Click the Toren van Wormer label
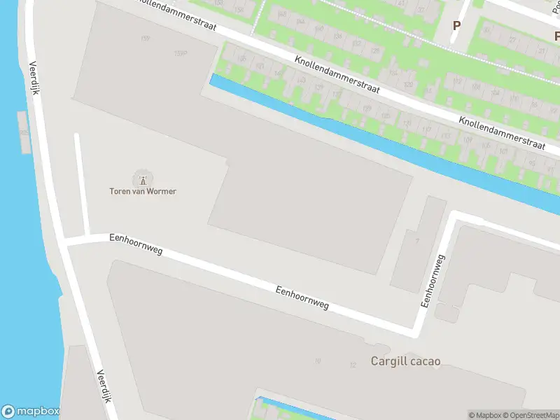[x=142, y=192]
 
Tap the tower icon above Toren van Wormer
[x=143, y=180]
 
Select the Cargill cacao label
[x=405, y=362]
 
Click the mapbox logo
[x=31, y=412]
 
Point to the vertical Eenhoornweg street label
[x=432, y=281]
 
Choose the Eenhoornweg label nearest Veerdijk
[x=135, y=244]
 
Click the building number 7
[x=416, y=241]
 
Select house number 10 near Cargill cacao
[x=318, y=361]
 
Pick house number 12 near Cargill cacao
[x=353, y=365]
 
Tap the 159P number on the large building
[x=181, y=53]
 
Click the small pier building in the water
[x=24, y=132]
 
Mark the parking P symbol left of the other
[x=457, y=26]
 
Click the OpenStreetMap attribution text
[x=529, y=415]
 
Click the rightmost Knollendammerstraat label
[x=501, y=132]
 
